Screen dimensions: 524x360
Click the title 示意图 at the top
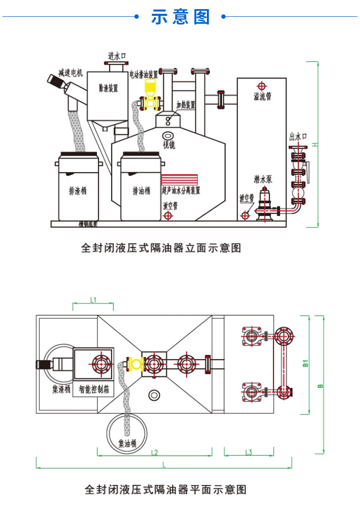(180, 17)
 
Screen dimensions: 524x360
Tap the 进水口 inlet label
(117, 56)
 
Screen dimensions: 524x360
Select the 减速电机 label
(70, 73)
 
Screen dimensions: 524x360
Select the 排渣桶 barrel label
(77, 191)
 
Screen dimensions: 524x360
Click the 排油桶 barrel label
(141, 191)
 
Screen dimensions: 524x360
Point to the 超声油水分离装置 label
(181, 191)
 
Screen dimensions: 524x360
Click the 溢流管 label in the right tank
(263, 96)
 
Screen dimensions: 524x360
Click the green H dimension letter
(315, 144)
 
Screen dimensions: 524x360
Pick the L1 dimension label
(94, 300)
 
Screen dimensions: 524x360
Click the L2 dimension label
(155, 453)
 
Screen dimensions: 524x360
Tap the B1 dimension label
(306, 363)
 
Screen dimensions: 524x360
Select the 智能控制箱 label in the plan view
(93, 390)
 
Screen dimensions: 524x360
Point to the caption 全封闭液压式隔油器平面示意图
(165, 489)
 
